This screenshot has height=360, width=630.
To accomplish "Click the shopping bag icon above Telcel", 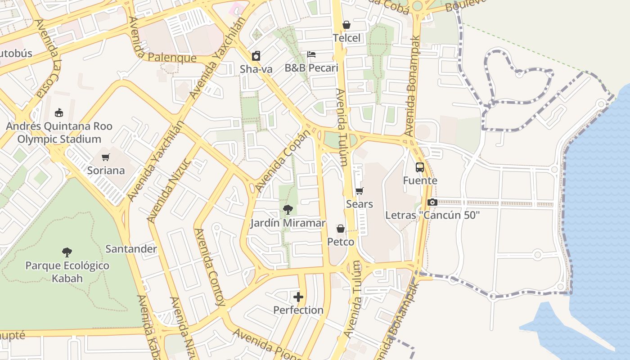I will click(346, 25).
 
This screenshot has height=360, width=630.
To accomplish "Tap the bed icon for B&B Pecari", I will click(311, 54).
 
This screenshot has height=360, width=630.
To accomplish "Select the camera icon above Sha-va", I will click(256, 56).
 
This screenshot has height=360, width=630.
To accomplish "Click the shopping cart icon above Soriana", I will click(106, 157).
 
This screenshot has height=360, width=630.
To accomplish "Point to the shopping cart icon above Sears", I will click(359, 191).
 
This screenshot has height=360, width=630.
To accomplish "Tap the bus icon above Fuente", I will click(419, 167).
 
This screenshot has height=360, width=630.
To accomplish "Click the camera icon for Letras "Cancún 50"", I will click(432, 202).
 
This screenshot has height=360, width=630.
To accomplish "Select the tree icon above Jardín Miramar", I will click(288, 209).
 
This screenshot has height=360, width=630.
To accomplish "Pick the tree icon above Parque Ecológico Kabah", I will click(67, 252).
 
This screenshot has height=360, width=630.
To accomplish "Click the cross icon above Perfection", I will click(298, 297).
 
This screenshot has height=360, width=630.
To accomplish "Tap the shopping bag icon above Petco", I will click(341, 229).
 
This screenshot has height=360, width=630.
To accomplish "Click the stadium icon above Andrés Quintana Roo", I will click(59, 112).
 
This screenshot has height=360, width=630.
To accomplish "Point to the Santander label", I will click(131, 249).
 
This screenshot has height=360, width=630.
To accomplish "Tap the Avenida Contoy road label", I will click(209, 267).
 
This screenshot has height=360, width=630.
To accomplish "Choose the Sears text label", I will click(359, 204).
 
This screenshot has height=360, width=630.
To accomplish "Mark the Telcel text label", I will click(346, 38).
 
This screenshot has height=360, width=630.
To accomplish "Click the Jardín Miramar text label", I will click(288, 223).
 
